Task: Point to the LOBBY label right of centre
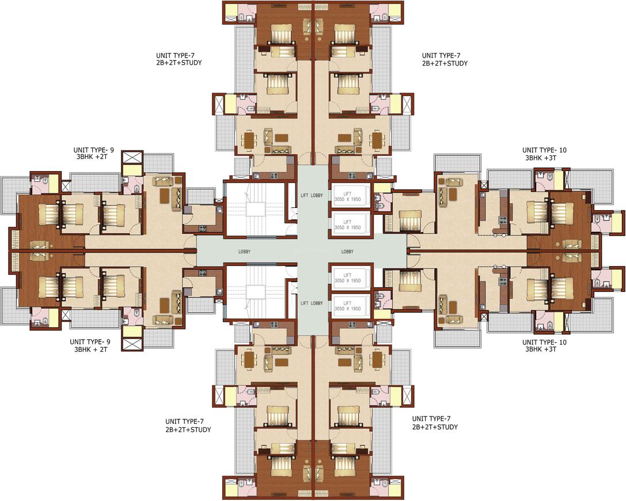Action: (x=347, y=252)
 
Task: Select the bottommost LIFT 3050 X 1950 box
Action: (x=347, y=305)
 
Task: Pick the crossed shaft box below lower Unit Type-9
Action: (x=132, y=344)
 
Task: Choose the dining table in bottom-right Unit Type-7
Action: (x=377, y=360)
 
